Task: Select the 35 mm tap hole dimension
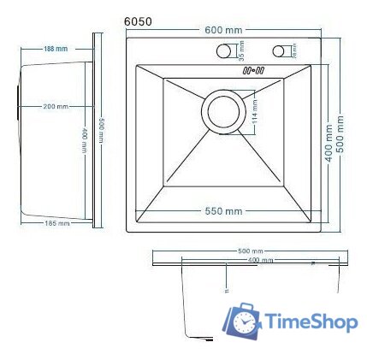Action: point(241,50)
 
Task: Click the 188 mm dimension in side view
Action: point(56,49)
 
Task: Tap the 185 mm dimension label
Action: point(56,223)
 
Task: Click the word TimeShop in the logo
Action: point(311,322)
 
